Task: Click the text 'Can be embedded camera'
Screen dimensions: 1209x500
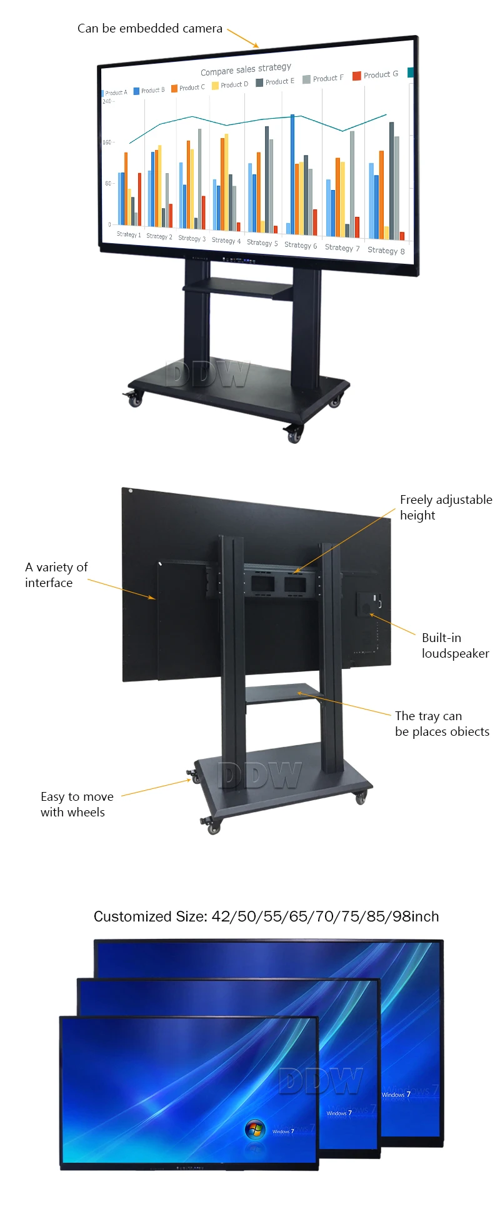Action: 149,29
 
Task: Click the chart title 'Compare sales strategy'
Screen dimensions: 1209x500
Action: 246,69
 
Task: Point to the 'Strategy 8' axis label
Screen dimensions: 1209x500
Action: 386,251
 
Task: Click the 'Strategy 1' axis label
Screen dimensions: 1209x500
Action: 128,234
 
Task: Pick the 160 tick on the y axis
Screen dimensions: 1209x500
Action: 107,143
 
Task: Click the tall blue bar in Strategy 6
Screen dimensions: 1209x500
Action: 292,169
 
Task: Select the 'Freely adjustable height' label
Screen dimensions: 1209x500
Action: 445,507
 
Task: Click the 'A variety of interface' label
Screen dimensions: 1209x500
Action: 56,574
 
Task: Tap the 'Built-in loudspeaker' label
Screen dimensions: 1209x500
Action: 454,645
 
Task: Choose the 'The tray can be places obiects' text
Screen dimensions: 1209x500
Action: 441,723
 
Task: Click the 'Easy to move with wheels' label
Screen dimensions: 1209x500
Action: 76,804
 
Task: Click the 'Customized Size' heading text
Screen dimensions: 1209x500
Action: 266,916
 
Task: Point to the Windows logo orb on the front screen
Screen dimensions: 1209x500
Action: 254,1128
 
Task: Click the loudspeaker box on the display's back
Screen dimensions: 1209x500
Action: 367,604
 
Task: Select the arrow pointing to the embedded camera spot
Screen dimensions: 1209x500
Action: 243,38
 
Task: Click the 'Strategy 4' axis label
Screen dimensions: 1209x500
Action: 226,241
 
